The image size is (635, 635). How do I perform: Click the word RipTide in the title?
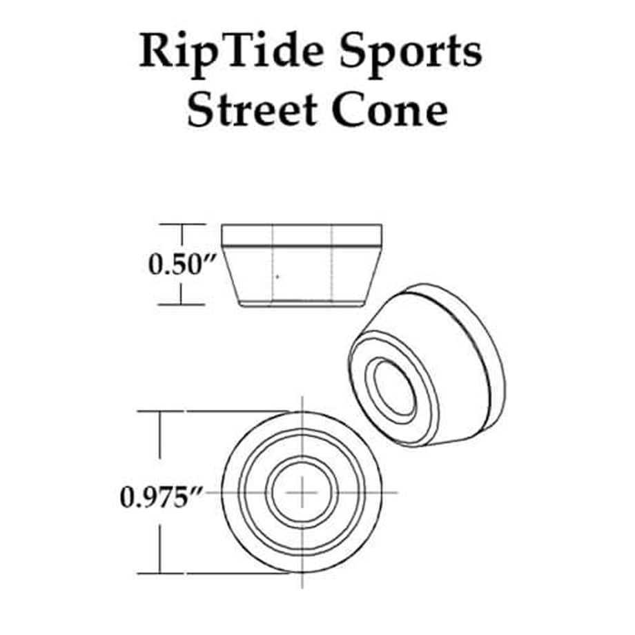point(231,52)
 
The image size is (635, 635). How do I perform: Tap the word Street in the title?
point(251,110)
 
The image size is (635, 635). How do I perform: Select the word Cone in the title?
point(389,110)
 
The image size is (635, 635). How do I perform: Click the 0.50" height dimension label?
point(180,264)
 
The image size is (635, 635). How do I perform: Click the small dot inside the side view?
point(277,277)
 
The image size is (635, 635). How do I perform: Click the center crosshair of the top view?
point(302,492)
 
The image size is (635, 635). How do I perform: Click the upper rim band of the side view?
point(302,235)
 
